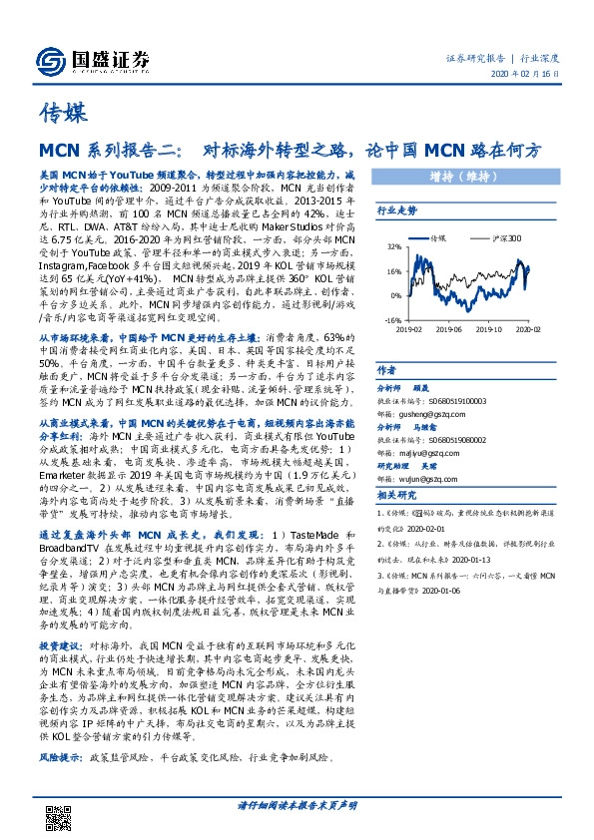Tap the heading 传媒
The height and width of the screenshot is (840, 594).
coord(64,111)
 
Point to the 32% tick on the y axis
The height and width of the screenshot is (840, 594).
coord(394,247)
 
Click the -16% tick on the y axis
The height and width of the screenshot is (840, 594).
coord(393,320)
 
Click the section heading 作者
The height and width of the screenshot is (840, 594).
coord(386,370)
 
